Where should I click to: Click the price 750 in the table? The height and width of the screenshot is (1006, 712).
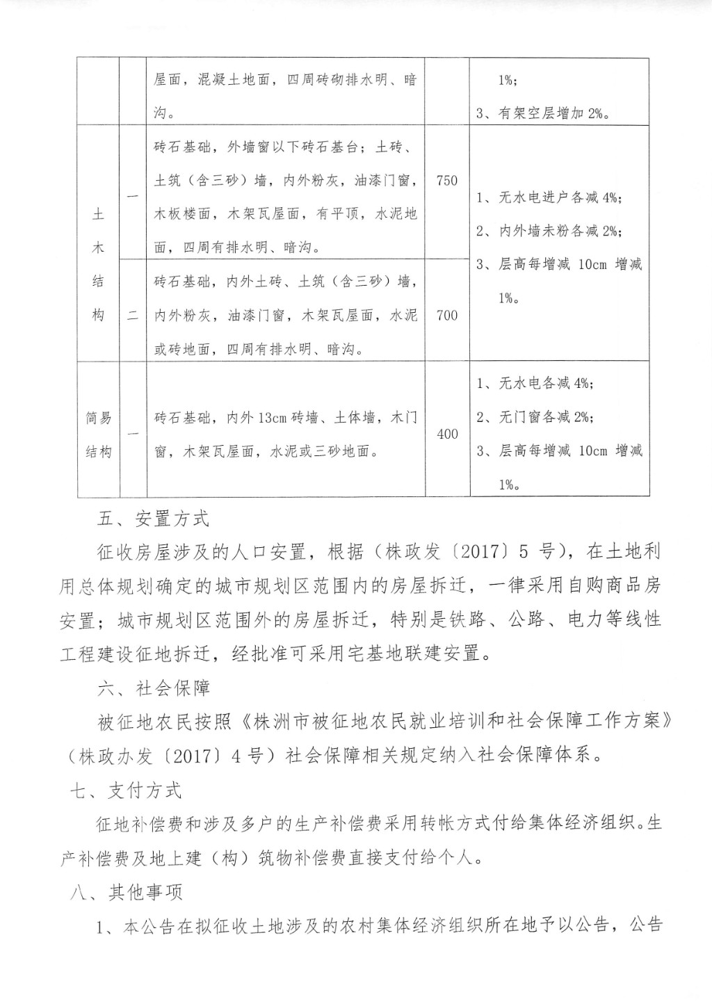pos(447,181)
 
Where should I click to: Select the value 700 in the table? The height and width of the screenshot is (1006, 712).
pos(447,315)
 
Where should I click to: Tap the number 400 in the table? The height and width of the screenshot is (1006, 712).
pos(447,434)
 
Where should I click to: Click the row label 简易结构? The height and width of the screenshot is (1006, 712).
pos(98,435)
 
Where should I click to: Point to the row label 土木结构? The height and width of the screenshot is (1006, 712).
pos(98,265)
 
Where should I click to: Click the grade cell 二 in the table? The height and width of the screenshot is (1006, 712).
pos(133,316)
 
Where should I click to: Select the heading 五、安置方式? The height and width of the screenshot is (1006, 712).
pos(153,519)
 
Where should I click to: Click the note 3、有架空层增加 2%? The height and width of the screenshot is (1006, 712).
pos(543,113)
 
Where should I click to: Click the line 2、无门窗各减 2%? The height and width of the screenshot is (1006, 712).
pos(535,417)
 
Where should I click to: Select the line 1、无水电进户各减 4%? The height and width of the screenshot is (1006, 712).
pos(549,197)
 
